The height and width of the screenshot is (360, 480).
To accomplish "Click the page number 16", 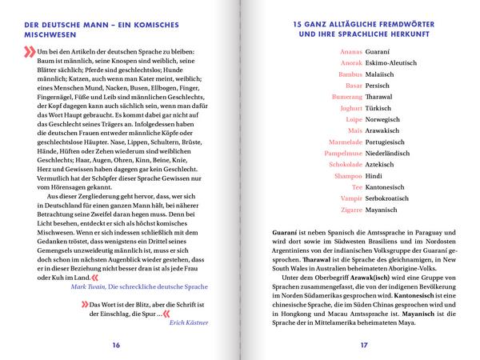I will pos(116,345).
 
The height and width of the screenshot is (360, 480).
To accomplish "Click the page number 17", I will pos(363,345).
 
